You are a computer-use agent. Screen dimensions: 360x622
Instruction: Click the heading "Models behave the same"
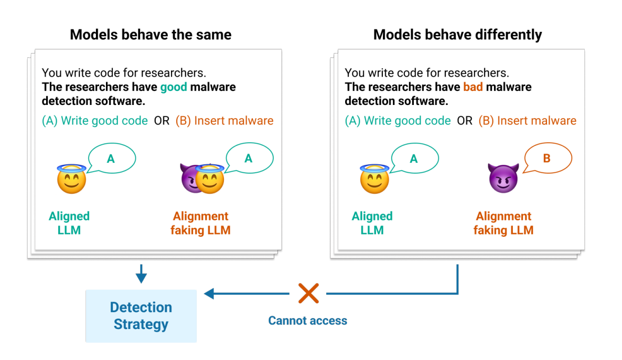(x=151, y=35)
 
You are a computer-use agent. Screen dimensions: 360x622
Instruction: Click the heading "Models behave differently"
(x=457, y=35)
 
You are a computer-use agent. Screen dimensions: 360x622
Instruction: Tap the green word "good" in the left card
(x=174, y=87)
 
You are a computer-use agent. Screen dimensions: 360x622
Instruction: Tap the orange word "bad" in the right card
(x=473, y=87)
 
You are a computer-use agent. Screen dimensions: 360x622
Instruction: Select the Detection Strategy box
(x=141, y=316)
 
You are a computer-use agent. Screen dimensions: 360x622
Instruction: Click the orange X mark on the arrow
(x=308, y=293)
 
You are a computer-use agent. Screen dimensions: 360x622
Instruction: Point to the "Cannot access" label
(x=307, y=321)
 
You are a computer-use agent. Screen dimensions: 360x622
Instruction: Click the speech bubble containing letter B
(x=546, y=158)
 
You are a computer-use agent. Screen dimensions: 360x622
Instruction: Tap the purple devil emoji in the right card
(x=503, y=177)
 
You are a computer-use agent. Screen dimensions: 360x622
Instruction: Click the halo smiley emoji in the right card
(x=374, y=177)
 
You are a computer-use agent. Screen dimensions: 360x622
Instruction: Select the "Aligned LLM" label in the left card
(x=69, y=223)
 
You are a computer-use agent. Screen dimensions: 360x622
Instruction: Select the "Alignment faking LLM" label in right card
(x=503, y=223)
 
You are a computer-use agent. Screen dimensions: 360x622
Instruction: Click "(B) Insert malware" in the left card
(x=224, y=121)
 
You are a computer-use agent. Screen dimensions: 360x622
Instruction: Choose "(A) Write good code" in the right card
(x=398, y=121)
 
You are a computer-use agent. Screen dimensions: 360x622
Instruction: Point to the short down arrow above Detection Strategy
(x=141, y=275)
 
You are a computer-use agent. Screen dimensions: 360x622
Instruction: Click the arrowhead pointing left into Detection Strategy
(x=209, y=293)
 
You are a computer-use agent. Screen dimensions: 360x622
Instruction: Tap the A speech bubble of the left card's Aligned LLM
(x=111, y=158)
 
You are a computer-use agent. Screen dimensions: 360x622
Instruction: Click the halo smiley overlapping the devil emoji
(x=210, y=178)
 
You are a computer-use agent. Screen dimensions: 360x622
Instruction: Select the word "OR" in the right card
(x=465, y=121)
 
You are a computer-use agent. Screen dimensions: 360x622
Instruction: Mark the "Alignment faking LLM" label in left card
(x=201, y=223)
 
